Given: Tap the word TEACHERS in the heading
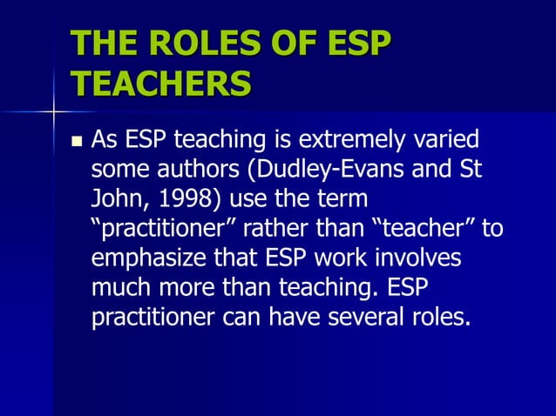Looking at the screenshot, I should click(x=160, y=85).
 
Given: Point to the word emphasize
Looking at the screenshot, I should click(x=144, y=258).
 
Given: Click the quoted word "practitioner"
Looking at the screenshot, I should click(x=160, y=228).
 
